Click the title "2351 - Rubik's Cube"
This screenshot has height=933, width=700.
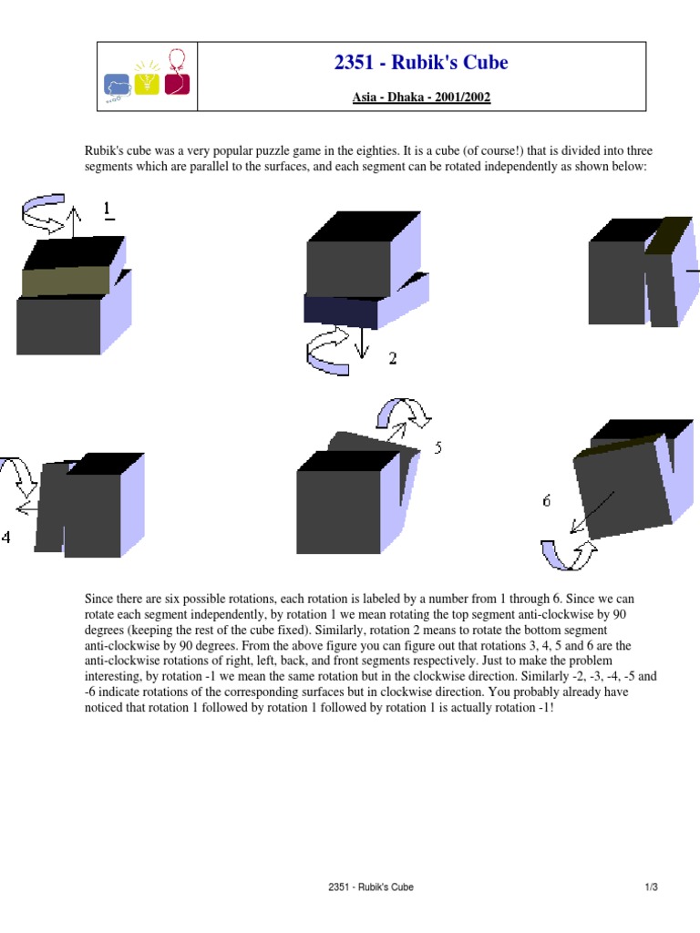(421, 63)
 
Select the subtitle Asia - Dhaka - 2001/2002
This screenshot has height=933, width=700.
(421, 97)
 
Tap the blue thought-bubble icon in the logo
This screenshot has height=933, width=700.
(118, 87)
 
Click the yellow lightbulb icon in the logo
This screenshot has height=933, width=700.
(147, 78)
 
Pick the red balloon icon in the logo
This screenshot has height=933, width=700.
(177, 73)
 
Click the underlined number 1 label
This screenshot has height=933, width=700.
(108, 210)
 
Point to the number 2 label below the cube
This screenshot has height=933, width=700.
(392, 358)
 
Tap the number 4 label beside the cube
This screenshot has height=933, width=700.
(6, 537)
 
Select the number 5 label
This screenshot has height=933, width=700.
(438, 447)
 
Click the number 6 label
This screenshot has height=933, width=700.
(547, 501)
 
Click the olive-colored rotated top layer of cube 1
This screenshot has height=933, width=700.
(66, 282)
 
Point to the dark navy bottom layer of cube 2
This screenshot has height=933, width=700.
(341, 312)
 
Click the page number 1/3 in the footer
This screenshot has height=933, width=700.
(651, 887)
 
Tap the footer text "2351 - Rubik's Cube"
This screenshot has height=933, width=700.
(371, 887)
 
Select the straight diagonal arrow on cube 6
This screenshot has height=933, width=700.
(592, 512)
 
